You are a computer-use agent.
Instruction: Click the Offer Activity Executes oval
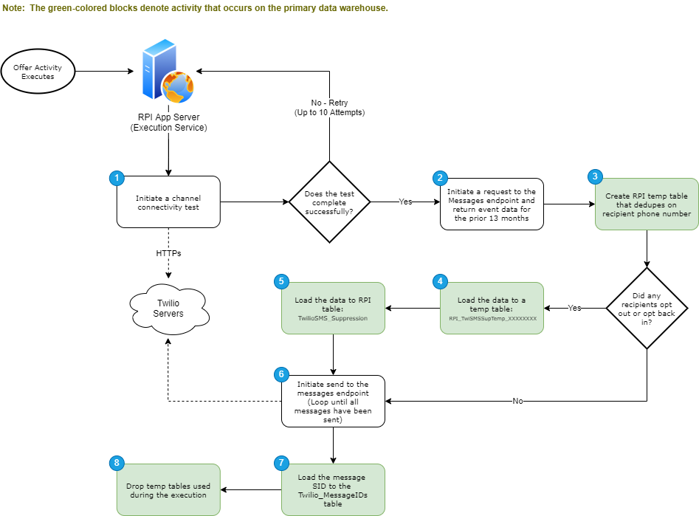tap(38, 72)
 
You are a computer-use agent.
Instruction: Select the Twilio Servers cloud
tap(168, 309)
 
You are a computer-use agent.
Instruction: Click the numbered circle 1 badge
tap(116, 178)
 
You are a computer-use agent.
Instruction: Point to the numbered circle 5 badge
tap(280, 281)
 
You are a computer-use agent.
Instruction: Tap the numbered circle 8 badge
tap(116, 463)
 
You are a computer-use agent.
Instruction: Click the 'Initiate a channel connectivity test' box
tap(168, 202)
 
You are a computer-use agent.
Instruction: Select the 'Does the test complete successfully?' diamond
tap(329, 202)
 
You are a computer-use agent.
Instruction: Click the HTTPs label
tap(168, 253)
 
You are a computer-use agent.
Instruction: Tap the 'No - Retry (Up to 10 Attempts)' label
tap(329, 108)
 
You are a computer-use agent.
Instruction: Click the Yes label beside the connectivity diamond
tap(405, 202)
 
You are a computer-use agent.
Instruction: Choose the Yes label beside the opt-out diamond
tap(574, 308)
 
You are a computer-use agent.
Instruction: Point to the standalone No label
tap(517, 401)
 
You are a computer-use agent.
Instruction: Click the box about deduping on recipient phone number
tap(647, 204)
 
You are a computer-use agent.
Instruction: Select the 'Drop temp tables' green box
tap(168, 489)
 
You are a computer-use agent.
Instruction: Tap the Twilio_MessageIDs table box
tap(333, 489)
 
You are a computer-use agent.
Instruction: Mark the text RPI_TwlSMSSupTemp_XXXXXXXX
tap(492, 318)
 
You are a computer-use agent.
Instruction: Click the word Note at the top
tap(13, 7)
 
